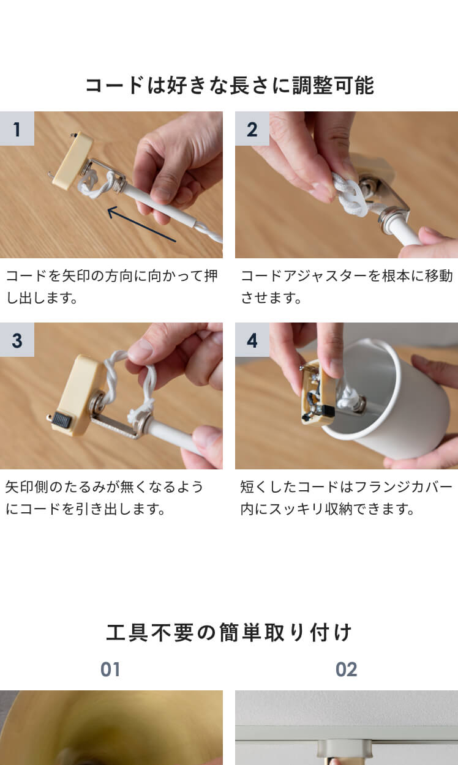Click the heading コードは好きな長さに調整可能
[x=230, y=85]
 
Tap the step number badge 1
[x=17, y=129]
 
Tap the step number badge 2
[x=252, y=129]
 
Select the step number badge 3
[x=17, y=340]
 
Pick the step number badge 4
[x=252, y=340]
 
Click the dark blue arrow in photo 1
[x=142, y=225]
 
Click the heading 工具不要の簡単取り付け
[x=229, y=633]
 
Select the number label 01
[x=110, y=670]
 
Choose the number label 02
[x=346, y=670]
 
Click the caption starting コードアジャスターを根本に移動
[x=346, y=286]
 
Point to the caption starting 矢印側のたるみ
[x=104, y=498]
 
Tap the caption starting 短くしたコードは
[x=346, y=498]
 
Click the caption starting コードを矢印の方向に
[x=111, y=286]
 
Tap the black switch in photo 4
[x=328, y=411]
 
